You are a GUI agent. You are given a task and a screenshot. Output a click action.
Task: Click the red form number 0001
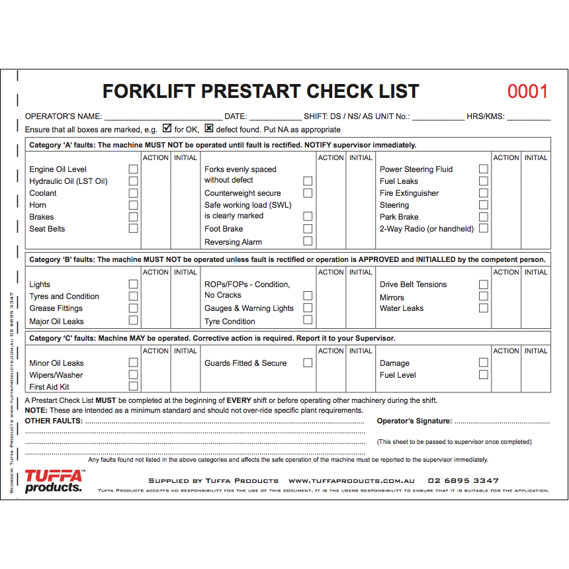point(527,91)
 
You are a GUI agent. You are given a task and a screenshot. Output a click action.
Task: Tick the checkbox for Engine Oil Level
point(133,169)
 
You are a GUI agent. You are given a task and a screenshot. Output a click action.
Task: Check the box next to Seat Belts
point(133,228)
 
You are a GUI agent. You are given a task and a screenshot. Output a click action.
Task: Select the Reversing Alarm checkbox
point(308,241)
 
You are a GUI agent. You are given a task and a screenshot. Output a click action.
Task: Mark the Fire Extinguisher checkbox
point(483,193)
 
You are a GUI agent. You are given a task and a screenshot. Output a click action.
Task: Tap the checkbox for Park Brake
point(483,216)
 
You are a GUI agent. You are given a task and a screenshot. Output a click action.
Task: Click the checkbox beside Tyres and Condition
point(133,296)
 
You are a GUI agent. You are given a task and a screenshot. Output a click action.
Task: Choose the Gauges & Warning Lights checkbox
point(308,308)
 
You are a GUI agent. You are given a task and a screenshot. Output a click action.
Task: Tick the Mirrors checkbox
point(483,296)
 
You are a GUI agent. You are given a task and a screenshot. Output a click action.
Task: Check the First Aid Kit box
point(133,386)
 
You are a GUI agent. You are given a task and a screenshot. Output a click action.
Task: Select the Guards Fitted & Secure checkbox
point(308,363)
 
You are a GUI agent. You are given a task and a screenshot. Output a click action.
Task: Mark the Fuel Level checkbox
point(483,374)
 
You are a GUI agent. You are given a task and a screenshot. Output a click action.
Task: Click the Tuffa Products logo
point(54,481)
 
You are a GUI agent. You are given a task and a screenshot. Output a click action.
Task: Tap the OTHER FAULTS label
point(54,421)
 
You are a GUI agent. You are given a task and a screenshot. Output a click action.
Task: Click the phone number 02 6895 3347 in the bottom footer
point(463,481)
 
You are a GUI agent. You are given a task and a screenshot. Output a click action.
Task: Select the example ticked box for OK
point(167,128)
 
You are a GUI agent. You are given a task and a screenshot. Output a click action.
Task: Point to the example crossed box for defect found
point(209,128)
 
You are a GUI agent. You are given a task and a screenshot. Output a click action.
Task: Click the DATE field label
point(236,116)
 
